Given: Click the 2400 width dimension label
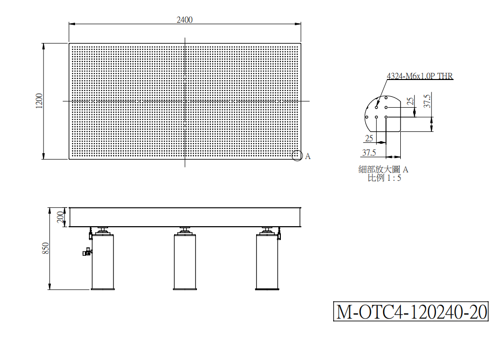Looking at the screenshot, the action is [185, 20].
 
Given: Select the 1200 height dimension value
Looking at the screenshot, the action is [39, 101].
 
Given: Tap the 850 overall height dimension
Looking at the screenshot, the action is [46, 248].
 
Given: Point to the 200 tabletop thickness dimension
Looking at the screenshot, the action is [60, 217].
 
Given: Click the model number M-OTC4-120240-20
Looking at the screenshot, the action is [411, 311].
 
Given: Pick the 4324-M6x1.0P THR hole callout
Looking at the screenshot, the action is [420, 76].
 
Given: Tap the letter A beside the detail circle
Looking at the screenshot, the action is [307, 156].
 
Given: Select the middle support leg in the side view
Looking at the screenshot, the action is [185, 259].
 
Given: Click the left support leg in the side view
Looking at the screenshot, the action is [103, 259].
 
